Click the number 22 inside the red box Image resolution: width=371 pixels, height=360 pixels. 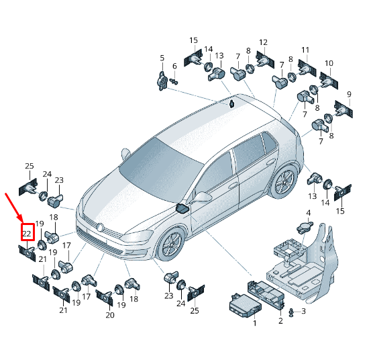click(27, 234)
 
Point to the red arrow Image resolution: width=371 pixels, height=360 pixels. click(13, 208)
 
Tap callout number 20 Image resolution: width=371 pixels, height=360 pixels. click(110, 315)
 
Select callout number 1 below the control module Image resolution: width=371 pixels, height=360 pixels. click(254, 323)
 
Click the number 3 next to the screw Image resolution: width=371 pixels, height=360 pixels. click(303, 311)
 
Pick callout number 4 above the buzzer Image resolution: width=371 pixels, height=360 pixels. click(309, 213)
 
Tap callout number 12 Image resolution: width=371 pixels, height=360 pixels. click(263, 42)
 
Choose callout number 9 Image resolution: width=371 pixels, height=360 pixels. click(350, 94)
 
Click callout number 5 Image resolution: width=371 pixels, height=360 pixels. click(162, 58)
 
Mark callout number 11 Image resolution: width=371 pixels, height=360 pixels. click(305, 50)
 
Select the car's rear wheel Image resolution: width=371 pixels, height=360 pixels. click(284, 181)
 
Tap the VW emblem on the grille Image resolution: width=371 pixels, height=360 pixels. click(101, 227)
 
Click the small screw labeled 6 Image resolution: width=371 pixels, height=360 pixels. click(174, 82)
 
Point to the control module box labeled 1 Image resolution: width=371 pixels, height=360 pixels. click(246, 306)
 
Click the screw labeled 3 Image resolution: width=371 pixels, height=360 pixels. click(292, 312)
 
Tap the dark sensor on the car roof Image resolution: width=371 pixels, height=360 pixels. click(231, 103)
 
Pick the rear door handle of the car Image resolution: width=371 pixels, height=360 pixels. click(270, 163)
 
